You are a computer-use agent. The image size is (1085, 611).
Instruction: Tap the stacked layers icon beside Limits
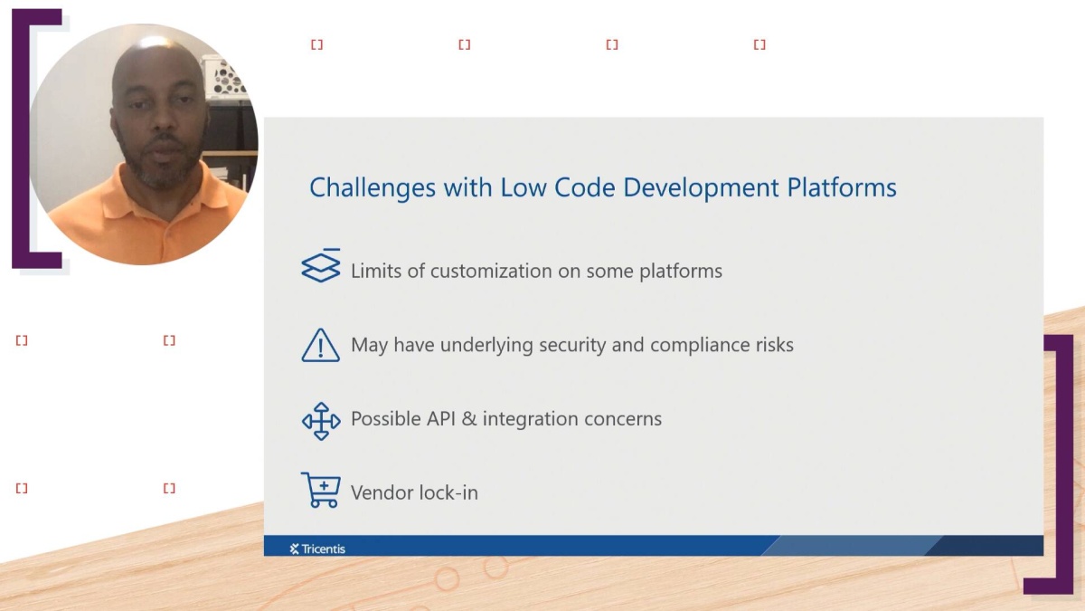click(x=321, y=266)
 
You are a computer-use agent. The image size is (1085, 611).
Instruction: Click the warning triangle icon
click(x=320, y=346)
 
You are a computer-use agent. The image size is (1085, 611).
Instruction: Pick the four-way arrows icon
click(x=321, y=421)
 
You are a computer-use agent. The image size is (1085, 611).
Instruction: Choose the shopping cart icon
click(x=320, y=490)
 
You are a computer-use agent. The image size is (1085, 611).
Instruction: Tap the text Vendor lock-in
click(x=414, y=493)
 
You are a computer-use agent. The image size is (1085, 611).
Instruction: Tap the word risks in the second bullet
click(x=771, y=346)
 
